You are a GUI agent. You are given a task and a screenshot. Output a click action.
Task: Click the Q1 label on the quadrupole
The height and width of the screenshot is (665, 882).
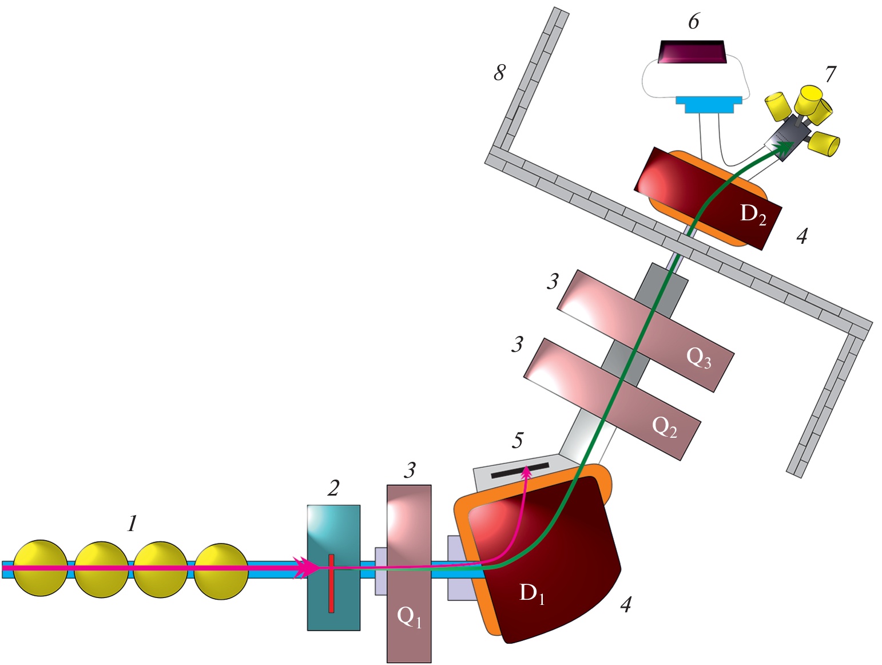(x=409, y=617)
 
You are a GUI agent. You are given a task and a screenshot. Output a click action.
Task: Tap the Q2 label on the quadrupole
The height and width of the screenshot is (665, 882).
(x=664, y=426)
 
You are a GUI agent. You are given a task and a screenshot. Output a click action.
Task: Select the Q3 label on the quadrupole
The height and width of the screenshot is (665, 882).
(x=698, y=358)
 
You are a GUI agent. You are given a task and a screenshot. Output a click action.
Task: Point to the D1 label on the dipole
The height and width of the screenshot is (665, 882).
(x=531, y=593)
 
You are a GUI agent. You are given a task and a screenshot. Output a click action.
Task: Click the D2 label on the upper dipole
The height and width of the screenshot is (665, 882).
(x=753, y=214)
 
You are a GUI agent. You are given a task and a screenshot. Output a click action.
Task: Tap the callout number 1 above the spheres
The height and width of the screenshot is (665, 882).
(x=132, y=523)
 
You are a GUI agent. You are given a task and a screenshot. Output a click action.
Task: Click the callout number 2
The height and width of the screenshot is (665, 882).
(x=333, y=488)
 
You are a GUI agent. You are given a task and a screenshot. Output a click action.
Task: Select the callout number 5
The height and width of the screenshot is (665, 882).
(x=518, y=440)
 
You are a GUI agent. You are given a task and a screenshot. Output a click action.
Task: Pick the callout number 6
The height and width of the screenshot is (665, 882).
(x=693, y=22)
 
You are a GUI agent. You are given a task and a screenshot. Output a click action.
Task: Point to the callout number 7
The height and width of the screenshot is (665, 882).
(x=830, y=74)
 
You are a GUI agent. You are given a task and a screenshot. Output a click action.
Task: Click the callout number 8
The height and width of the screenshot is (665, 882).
(x=500, y=73)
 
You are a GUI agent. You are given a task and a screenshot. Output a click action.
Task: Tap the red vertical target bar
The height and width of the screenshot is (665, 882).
(x=331, y=583)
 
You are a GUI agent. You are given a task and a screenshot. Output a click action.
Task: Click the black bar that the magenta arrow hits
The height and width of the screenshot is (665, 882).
(x=519, y=470)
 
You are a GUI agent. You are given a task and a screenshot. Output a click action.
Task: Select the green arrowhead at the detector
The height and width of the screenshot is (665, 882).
(x=783, y=147)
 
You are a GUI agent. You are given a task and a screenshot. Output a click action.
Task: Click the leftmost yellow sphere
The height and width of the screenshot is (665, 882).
(x=40, y=568)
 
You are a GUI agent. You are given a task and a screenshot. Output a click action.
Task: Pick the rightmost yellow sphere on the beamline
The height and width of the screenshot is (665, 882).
(x=221, y=571)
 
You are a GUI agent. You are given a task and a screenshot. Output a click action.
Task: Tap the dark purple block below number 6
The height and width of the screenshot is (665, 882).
(x=693, y=52)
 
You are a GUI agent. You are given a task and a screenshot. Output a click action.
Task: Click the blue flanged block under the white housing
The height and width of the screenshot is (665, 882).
(x=708, y=104)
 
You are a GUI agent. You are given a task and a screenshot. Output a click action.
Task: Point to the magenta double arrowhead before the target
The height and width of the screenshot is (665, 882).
(x=306, y=567)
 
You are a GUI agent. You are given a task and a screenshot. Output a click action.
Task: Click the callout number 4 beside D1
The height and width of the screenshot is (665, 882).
(x=626, y=604)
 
